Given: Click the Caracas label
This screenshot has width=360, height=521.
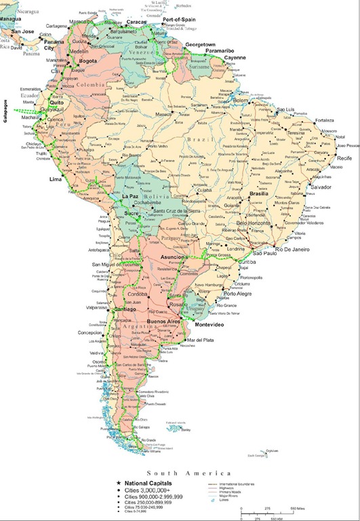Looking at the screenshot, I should tap(138, 22).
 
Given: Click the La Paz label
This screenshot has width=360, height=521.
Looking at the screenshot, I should tap(131, 196).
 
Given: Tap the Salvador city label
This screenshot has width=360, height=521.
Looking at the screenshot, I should tap(322, 186).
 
